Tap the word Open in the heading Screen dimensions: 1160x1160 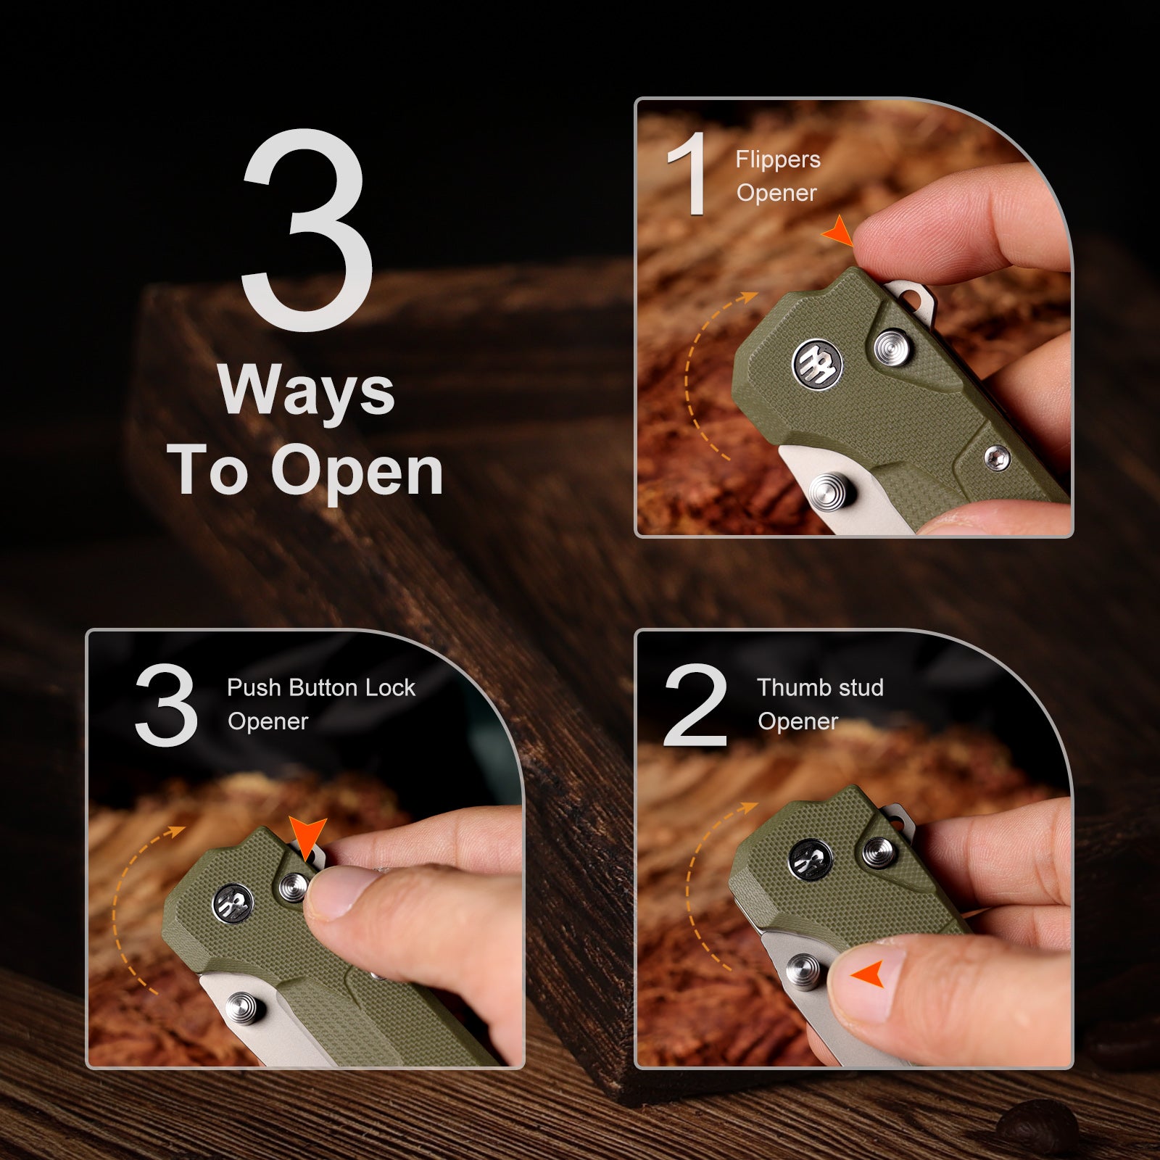357,471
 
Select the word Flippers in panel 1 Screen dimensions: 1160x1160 778,160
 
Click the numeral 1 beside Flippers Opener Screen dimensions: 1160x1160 687,173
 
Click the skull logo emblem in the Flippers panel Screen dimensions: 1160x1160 816,362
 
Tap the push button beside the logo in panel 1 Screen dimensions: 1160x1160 893,347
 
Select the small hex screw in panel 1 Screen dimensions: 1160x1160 997,458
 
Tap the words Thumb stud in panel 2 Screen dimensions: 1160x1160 820,687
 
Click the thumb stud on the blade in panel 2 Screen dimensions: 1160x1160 804,971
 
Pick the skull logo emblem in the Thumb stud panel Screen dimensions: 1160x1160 811,861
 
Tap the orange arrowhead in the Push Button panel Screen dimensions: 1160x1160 307,838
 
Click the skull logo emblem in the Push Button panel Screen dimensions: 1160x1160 233,903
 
